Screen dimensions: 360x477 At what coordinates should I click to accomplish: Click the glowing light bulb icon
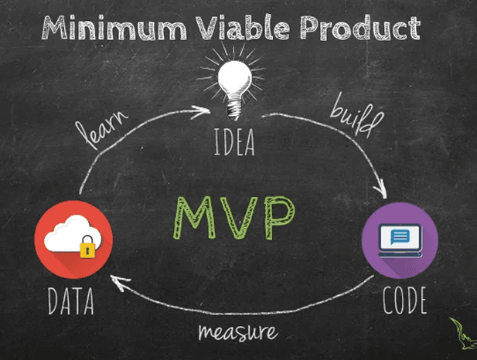(234, 80)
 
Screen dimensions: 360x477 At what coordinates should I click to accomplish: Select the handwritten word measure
(237, 332)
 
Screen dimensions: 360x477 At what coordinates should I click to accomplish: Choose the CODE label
(405, 301)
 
